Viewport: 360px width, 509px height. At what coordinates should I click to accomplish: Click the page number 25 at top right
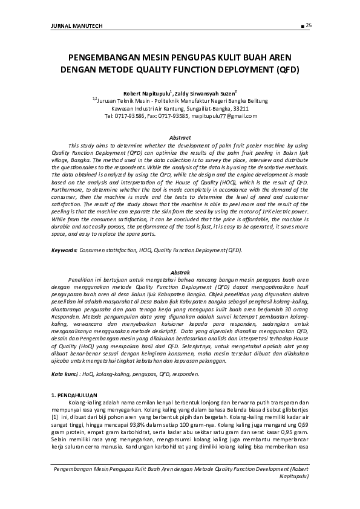(308, 25)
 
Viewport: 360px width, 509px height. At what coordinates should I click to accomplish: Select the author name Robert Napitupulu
(146, 93)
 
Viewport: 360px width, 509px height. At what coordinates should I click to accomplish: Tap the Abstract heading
(180, 138)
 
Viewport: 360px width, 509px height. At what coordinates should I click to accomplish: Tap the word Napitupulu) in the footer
(292, 476)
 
